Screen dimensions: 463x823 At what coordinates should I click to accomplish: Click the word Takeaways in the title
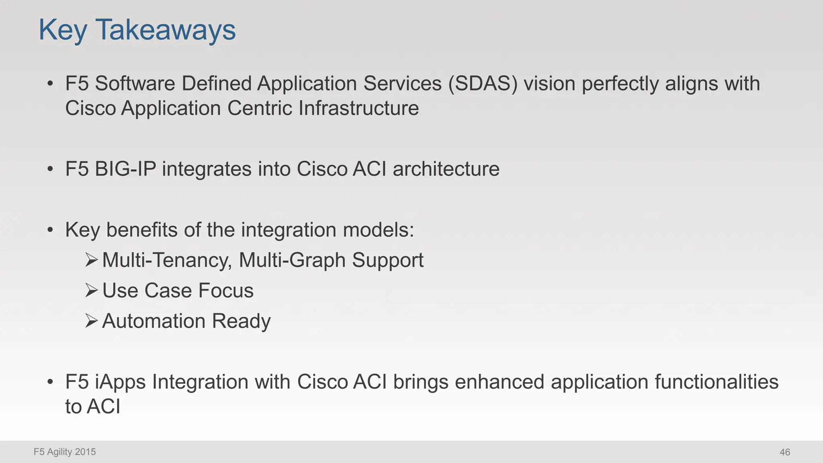point(165,30)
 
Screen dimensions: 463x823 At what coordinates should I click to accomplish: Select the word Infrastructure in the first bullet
point(358,109)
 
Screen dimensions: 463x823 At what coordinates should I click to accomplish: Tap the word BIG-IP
point(125,169)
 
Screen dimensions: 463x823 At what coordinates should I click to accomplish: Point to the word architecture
point(446,169)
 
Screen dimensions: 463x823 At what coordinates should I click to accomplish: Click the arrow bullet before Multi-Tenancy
point(92,260)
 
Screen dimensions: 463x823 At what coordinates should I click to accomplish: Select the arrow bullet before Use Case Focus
point(92,290)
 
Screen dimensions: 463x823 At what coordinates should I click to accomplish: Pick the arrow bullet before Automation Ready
point(92,321)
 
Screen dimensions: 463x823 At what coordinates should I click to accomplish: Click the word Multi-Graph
point(292,260)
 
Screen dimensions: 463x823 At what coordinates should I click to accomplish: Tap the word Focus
point(226,291)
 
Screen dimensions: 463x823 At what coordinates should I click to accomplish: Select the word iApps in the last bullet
point(121,382)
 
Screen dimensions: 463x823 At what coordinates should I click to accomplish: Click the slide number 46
point(784,452)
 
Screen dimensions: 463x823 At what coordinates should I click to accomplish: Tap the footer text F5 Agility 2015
point(65,452)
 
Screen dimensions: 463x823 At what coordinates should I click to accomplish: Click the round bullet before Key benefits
point(50,230)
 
